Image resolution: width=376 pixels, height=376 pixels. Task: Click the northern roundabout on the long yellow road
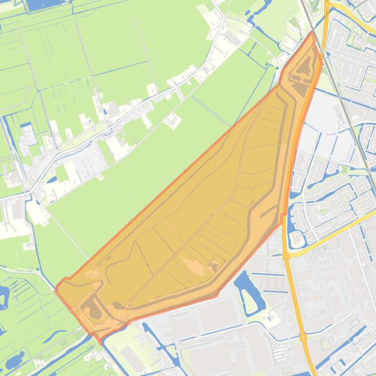[x=286, y=256]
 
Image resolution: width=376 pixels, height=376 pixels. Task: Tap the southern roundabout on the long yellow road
[x=304, y=337]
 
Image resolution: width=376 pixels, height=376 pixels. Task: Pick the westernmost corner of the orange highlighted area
[x=56, y=289]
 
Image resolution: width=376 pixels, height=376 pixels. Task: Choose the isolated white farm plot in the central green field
[x=173, y=120]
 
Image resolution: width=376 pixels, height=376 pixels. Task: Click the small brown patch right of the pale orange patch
[x=214, y=266]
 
